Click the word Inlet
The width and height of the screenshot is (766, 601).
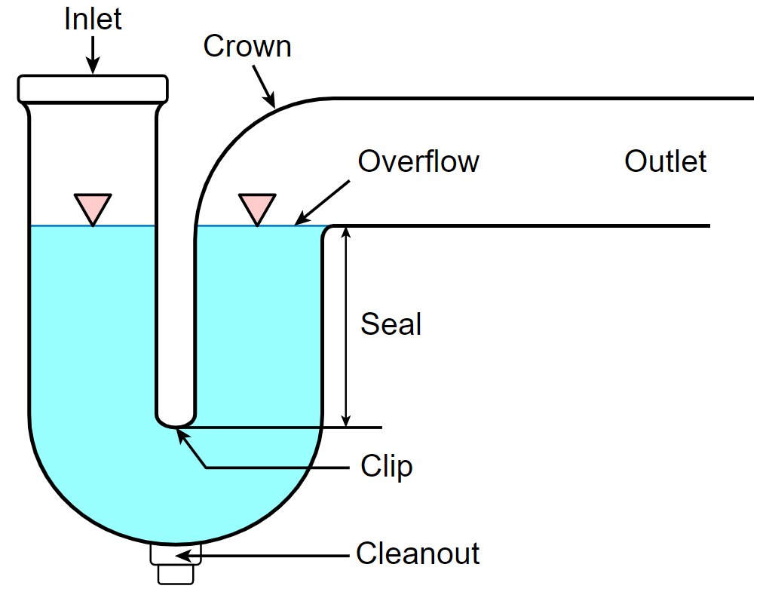pos(93,19)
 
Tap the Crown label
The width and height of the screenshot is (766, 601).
pos(247,46)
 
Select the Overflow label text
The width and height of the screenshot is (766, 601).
pos(418,161)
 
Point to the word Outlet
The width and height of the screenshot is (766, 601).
pos(666,161)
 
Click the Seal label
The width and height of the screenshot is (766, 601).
pos(391,323)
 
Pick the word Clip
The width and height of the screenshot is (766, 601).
pos(387,467)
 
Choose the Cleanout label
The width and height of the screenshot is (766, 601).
pos(418,553)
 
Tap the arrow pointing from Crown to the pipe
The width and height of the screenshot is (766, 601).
pos(265,87)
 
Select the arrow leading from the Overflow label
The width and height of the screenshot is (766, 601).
pos(322,203)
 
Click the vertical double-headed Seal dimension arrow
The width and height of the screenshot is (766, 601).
pos(346,327)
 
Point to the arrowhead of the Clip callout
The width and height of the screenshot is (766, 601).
pos(182,435)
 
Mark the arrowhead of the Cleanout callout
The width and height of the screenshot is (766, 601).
pos(182,556)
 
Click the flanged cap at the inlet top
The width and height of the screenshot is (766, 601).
pos(93,89)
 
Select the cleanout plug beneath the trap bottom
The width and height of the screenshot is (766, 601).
pos(176,563)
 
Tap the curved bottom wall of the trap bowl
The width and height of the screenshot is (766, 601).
pos(176,541)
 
